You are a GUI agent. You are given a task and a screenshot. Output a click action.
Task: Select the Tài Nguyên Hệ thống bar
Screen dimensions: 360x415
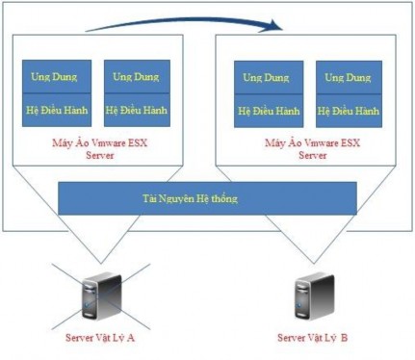[207, 198]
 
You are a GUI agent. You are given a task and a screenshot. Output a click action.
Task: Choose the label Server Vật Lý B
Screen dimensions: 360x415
[312, 338]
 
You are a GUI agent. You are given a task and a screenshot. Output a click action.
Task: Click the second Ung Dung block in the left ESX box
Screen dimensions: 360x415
[136, 77]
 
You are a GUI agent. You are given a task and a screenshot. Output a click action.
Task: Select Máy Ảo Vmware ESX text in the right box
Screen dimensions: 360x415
[309, 142]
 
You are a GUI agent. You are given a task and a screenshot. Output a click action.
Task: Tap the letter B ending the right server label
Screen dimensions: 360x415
[344, 338]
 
